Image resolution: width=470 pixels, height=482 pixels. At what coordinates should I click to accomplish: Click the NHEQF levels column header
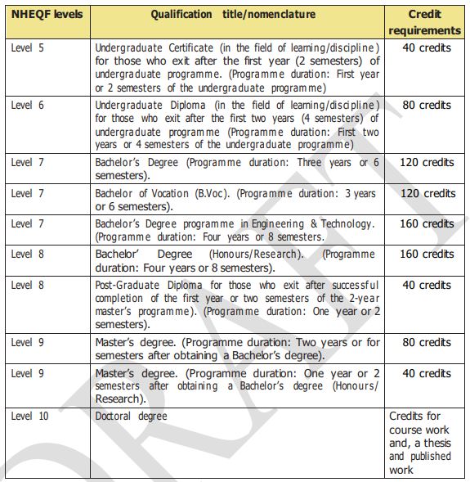(47, 15)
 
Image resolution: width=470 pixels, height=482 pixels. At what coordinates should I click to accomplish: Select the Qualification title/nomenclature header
(237, 15)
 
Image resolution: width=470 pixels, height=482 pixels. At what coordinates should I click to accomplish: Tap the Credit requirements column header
(424, 22)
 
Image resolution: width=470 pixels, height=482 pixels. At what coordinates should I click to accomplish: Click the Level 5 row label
(29, 47)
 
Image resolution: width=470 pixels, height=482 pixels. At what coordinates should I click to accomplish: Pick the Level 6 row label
(29, 106)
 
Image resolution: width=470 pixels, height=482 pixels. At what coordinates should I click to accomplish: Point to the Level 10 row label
(30, 417)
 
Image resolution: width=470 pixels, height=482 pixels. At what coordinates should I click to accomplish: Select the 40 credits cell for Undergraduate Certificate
(425, 47)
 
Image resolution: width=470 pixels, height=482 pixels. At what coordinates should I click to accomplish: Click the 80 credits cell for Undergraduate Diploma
(425, 106)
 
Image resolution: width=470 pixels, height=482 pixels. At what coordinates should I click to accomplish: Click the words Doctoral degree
(131, 417)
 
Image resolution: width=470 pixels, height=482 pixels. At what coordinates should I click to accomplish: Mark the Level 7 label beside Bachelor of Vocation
(29, 193)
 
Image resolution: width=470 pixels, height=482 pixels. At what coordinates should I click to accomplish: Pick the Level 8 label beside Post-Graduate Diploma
(29, 286)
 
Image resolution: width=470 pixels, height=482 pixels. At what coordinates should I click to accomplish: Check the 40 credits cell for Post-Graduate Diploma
(425, 286)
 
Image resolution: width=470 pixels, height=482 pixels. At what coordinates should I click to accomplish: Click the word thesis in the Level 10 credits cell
(432, 443)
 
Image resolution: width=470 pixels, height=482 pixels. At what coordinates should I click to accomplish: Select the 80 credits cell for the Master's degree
(425, 343)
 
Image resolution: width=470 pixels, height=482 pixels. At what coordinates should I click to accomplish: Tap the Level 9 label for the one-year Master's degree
(29, 373)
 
